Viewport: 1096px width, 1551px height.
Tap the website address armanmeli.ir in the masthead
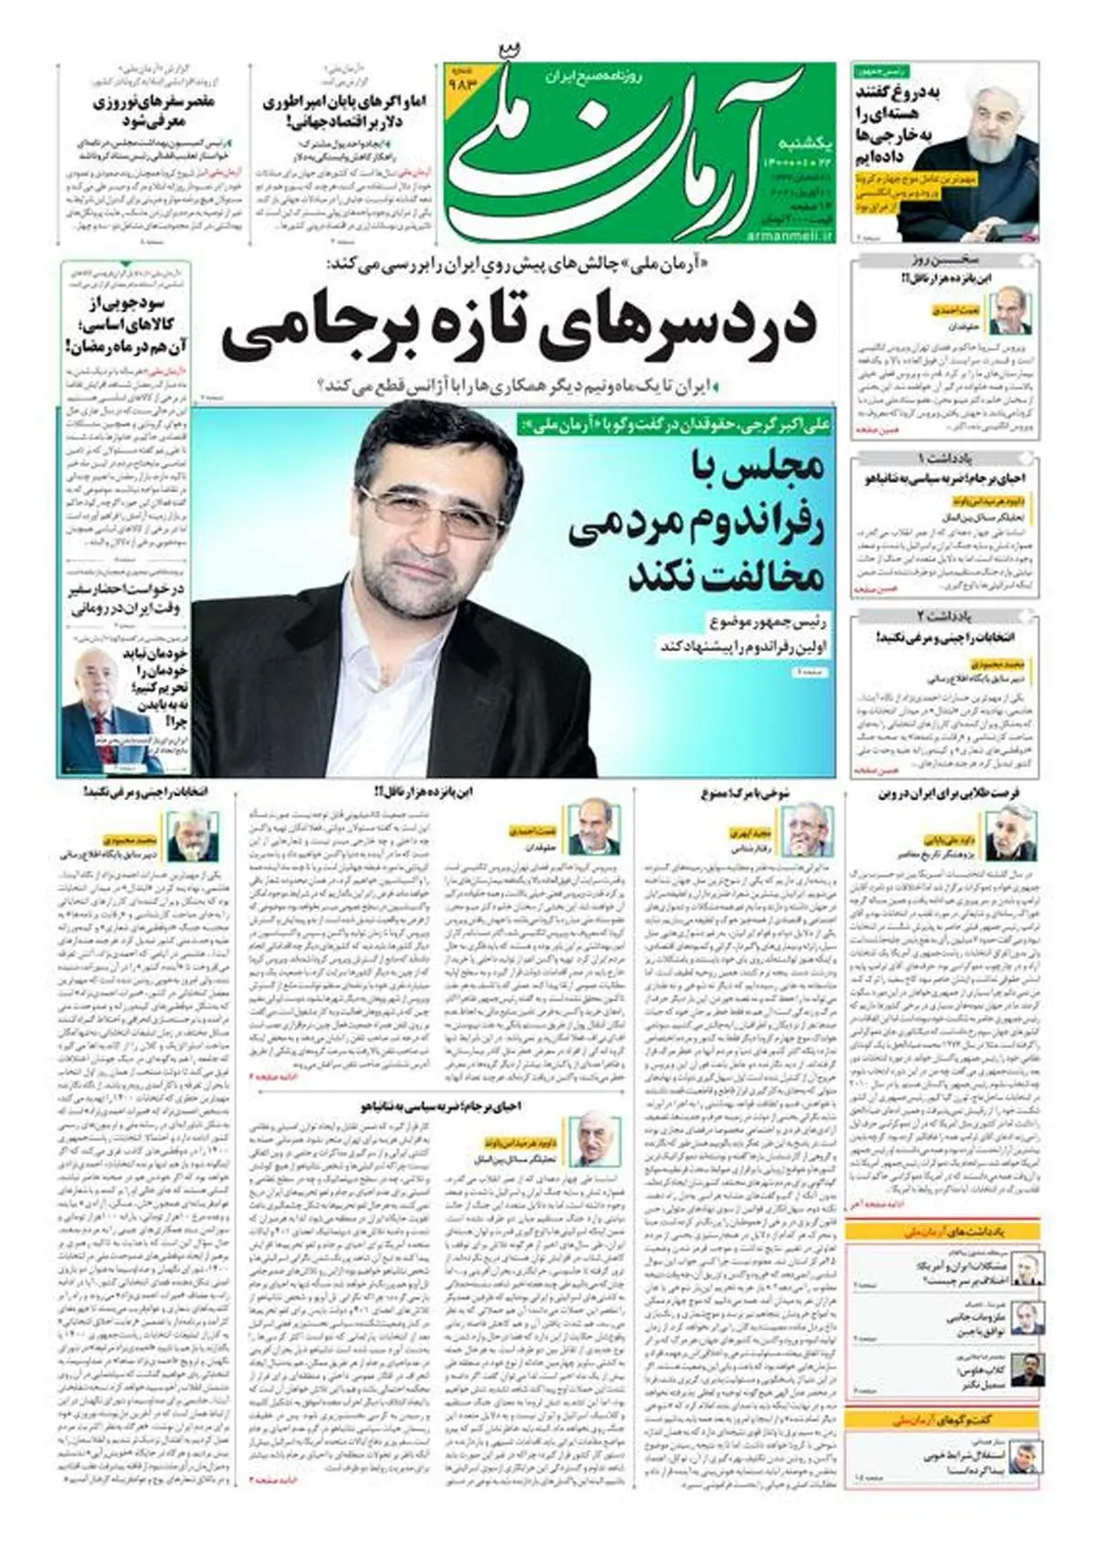(x=796, y=236)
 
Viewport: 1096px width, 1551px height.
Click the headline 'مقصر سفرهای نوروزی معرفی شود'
(x=153, y=111)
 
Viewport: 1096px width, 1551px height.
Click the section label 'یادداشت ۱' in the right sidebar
(x=945, y=458)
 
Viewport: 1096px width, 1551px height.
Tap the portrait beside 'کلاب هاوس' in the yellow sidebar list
(x=1027, y=1369)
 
